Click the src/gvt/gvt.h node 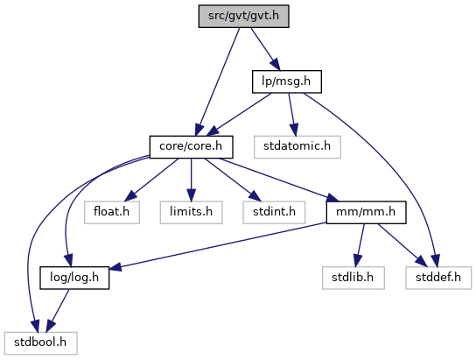[x=244, y=16]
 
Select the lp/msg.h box [x=287, y=81]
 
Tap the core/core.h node [x=192, y=147]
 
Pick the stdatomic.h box [x=297, y=147]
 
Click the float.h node [x=112, y=212]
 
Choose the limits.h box [x=192, y=212]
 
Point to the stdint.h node [x=274, y=212]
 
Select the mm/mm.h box [x=366, y=212]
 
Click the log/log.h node [x=74, y=278]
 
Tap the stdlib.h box [x=353, y=278]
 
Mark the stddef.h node [x=438, y=278]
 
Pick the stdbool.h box [x=40, y=343]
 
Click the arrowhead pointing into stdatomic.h [x=293, y=130]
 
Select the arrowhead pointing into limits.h [x=192, y=195]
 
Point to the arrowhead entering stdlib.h [x=358, y=261]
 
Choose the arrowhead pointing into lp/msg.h [x=276, y=65]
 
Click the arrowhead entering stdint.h [x=255, y=196]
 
